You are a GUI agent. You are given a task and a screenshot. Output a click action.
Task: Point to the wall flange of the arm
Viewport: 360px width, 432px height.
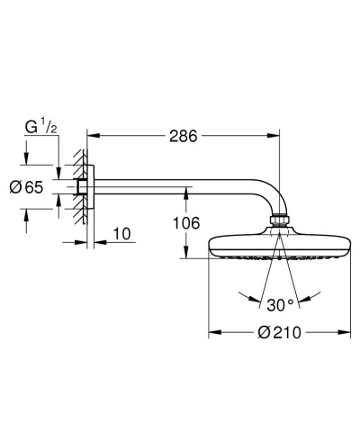coord(84,190)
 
